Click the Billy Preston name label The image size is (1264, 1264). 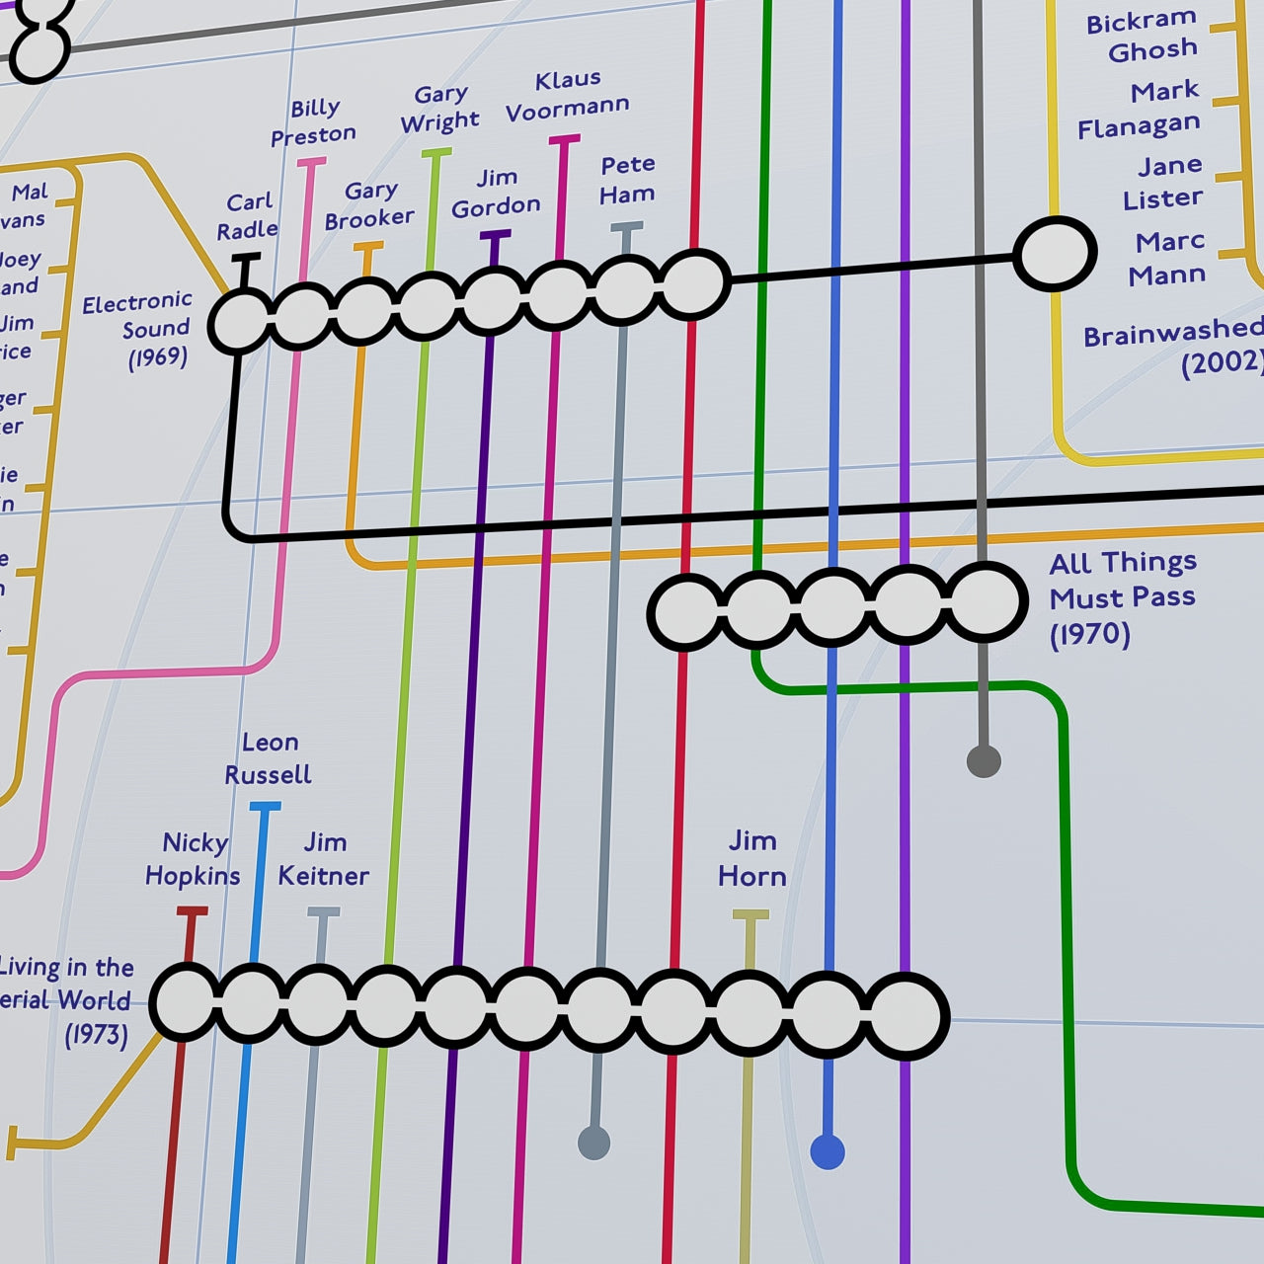[314, 121]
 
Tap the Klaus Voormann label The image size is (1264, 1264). [568, 95]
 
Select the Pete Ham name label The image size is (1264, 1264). [627, 180]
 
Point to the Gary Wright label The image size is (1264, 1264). [440, 109]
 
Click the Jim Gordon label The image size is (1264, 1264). [496, 193]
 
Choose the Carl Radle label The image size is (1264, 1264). [248, 216]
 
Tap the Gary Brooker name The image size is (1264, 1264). [370, 204]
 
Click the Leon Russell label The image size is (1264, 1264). [269, 758]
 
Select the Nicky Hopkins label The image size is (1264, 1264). [194, 859]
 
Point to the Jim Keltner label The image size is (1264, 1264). [324, 859]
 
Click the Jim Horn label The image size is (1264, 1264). [752, 858]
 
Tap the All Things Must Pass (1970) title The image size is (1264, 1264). [1123, 597]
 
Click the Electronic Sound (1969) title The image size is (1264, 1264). [138, 329]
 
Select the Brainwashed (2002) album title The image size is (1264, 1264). [1173, 347]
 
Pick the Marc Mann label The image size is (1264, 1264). [1168, 258]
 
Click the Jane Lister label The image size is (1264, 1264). [1164, 182]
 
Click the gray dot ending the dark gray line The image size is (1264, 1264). [984, 761]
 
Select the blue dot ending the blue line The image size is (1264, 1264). [828, 1151]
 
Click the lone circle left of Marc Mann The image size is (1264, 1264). [1056, 255]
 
